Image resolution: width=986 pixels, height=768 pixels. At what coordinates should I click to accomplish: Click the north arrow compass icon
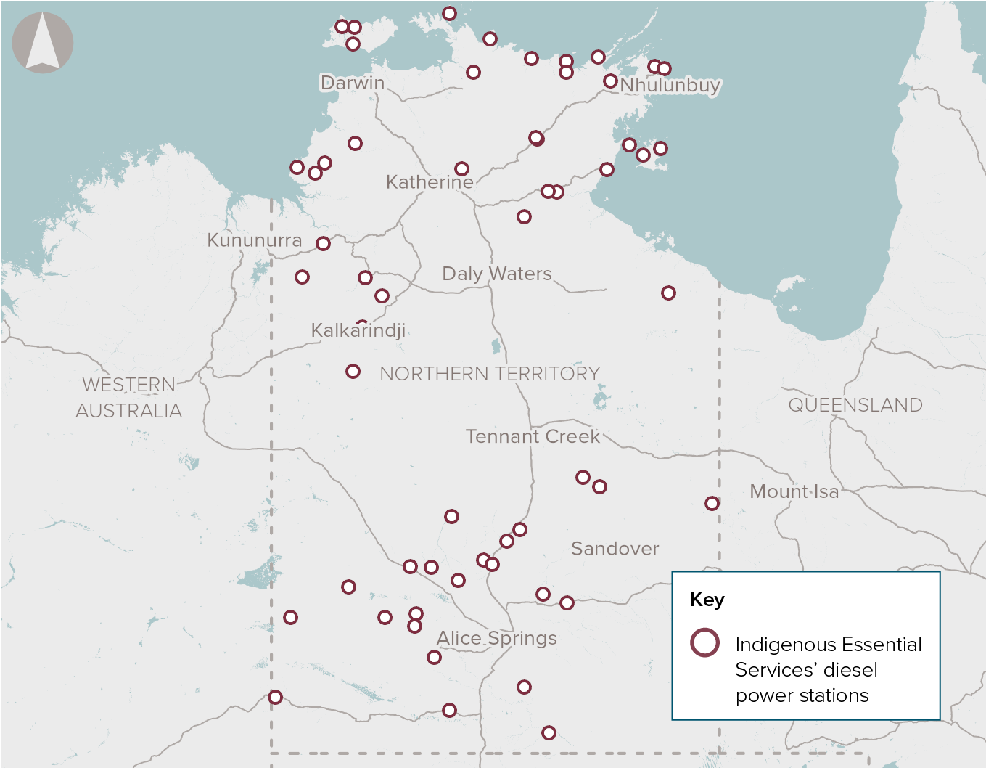tap(43, 43)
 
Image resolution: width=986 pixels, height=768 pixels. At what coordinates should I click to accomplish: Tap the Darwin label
tap(353, 83)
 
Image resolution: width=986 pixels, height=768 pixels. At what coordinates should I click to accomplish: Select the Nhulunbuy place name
tap(670, 85)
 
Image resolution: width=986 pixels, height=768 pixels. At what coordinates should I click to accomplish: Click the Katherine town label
tap(430, 181)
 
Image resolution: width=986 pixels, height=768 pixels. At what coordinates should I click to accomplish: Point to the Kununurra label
tap(254, 240)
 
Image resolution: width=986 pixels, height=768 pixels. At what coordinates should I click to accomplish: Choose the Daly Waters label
tap(497, 274)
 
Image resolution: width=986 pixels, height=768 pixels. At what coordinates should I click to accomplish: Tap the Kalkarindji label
tap(358, 331)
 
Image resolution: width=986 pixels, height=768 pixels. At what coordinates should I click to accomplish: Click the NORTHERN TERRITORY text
tap(490, 374)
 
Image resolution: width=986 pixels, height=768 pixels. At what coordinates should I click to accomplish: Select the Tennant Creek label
tap(533, 436)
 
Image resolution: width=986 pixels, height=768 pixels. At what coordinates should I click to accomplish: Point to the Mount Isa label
tap(794, 491)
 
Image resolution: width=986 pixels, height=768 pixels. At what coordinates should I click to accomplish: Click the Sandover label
tap(615, 549)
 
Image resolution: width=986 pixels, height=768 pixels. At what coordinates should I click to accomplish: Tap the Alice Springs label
tap(497, 638)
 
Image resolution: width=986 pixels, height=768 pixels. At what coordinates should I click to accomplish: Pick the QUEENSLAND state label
tap(855, 405)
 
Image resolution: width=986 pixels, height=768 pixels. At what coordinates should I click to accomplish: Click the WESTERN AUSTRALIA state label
tap(129, 398)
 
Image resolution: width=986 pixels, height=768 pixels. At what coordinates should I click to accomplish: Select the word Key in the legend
tap(707, 600)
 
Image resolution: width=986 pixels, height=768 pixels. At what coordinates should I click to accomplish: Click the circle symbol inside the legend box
tap(704, 642)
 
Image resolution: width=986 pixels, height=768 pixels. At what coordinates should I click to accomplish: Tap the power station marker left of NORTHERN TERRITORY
tap(353, 372)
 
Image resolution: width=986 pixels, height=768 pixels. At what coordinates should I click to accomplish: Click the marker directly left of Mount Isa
tap(712, 503)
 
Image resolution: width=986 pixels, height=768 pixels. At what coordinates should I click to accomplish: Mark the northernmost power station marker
tap(449, 14)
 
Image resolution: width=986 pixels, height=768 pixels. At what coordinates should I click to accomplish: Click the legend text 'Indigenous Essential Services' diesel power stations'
tap(828, 669)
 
